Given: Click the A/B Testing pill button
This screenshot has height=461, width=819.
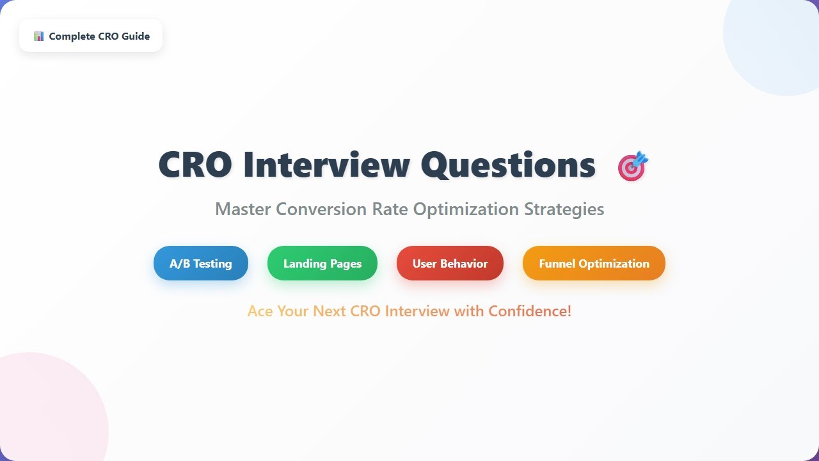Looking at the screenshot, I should [200, 263].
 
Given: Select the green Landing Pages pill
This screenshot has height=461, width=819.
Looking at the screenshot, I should [322, 263].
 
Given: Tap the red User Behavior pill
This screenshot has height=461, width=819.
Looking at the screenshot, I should [450, 263].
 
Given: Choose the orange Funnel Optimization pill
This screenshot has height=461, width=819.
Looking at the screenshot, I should [594, 263].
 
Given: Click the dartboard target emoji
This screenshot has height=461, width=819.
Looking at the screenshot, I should [633, 166].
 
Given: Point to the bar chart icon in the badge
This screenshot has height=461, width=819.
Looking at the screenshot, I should [39, 36].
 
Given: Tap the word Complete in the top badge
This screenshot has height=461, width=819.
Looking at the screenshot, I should [72, 36].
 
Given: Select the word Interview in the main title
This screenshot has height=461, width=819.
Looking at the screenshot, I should [326, 165].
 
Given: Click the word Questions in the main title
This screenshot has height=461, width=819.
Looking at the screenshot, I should [508, 165].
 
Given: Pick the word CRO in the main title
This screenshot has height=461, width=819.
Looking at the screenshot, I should [195, 165].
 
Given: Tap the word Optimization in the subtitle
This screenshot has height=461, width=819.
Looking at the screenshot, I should [466, 209].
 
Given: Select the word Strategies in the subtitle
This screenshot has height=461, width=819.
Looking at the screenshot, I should [564, 209].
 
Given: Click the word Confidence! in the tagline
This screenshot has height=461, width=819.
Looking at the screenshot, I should [530, 311].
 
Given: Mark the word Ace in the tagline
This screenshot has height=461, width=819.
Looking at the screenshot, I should [260, 311].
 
